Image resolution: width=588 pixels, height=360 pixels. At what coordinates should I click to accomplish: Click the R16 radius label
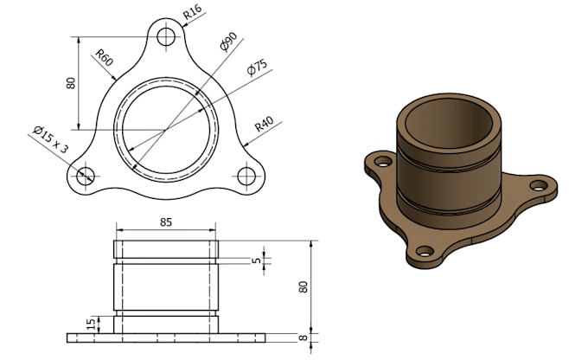point(193,11)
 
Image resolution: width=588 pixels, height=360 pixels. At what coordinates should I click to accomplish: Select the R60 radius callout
point(104,60)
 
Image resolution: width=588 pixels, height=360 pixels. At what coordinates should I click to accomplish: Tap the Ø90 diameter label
point(228,42)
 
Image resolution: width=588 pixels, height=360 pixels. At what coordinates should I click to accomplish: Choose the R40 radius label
point(264,127)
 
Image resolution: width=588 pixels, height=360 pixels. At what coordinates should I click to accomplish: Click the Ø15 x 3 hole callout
point(51,138)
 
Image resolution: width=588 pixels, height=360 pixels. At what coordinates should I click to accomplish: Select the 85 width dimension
point(166,222)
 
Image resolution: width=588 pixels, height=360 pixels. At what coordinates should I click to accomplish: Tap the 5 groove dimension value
point(256,259)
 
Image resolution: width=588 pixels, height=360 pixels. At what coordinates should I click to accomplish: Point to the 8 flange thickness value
point(304,338)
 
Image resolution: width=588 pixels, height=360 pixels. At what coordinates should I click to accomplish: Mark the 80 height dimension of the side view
point(304,286)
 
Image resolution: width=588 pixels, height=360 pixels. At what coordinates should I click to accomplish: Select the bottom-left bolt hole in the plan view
point(85,176)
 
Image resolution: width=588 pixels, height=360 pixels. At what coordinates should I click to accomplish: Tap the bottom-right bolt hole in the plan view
point(246,176)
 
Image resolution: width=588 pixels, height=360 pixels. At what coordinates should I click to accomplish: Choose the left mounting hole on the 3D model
point(378,160)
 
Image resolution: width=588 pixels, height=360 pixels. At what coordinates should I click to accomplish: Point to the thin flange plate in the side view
point(165,337)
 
